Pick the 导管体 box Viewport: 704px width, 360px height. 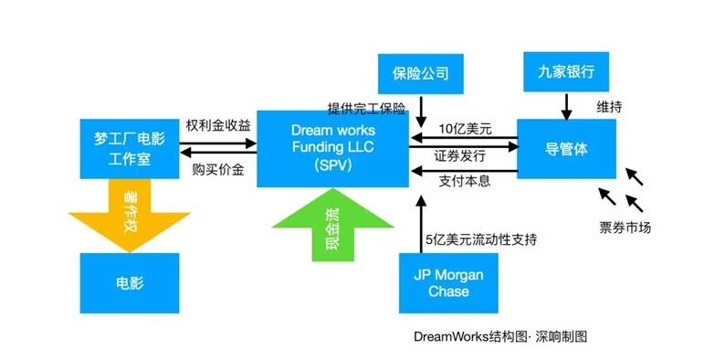tap(565, 148)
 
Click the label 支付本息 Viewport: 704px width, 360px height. tap(465, 181)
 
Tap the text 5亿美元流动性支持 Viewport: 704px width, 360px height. tap(480, 239)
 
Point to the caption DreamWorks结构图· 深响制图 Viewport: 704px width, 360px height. tap(500, 336)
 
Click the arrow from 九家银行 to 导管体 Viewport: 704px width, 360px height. tap(565, 105)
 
